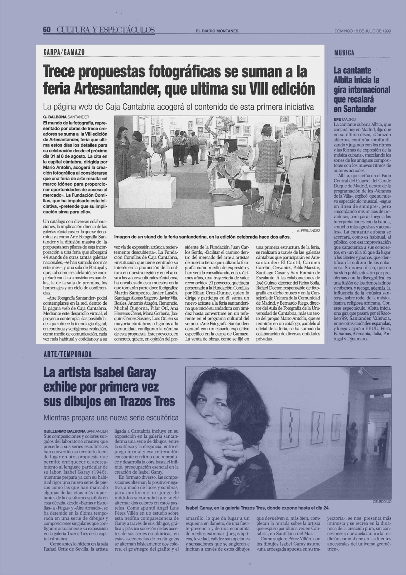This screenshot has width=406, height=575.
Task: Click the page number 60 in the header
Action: point(47,30)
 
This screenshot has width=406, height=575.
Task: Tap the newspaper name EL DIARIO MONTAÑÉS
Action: point(217,31)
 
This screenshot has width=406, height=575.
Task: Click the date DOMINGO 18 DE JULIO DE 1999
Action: point(363,31)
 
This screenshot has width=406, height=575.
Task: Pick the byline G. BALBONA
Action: point(55,117)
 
